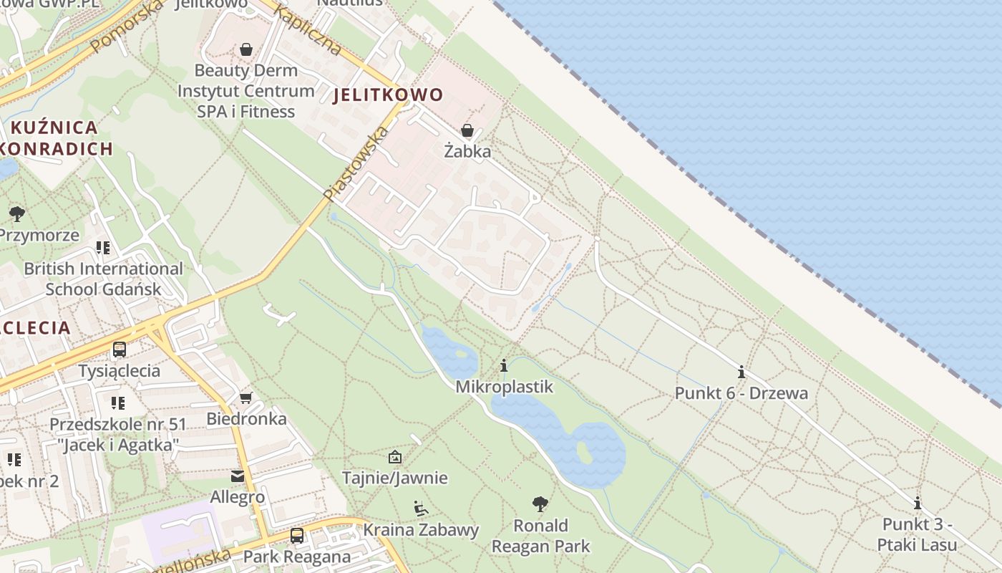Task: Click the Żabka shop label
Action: [x=467, y=151]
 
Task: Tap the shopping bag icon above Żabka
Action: [x=467, y=130]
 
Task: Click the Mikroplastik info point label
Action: [x=505, y=387]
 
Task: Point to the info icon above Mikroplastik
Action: [x=504, y=366]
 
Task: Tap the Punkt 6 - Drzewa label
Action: [x=741, y=393]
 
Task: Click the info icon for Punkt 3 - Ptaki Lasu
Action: [x=918, y=503]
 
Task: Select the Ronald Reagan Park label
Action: [x=541, y=536]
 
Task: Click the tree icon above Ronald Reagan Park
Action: [x=540, y=504]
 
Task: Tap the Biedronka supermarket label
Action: [x=246, y=418]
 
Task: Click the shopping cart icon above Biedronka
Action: [x=246, y=398]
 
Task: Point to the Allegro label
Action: [x=238, y=496]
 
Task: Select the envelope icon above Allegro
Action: [x=238, y=476]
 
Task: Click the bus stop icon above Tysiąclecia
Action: [x=120, y=350]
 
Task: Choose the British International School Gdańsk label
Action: [x=103, y=279]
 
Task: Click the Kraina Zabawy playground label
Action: [x=421, y=530]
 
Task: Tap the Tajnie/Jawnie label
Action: [x=394, y=478]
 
